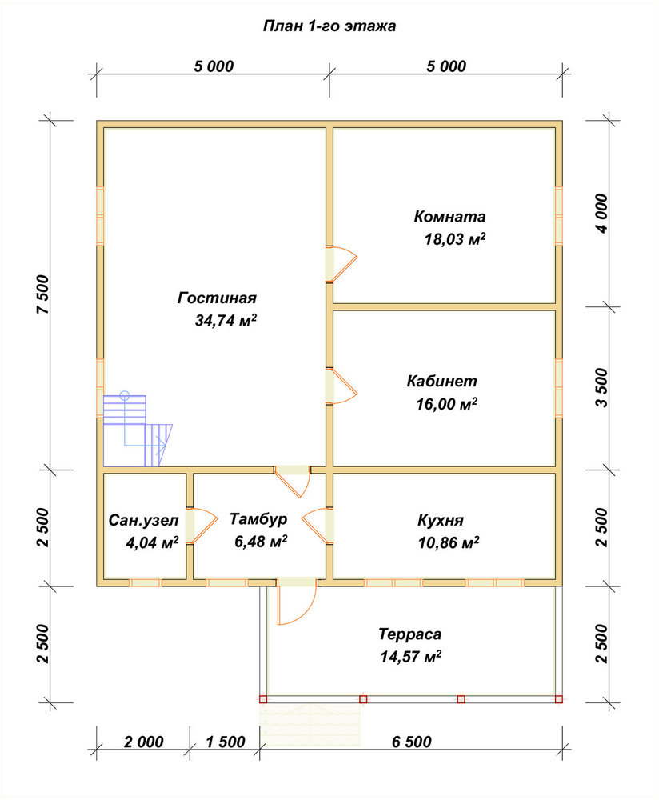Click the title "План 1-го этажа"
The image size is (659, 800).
point(329,26)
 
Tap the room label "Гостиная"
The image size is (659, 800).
point(217,298)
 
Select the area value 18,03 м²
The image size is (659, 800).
point(455,238)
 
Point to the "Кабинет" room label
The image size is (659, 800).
point(441,381)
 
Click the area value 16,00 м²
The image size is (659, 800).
point(447,404)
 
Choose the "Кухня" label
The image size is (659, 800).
point(441,521)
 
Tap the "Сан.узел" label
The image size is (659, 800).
point(144,521)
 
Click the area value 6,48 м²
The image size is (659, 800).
point(261,541)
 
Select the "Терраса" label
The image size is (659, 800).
point(410,634)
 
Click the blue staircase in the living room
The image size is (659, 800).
point(137,431)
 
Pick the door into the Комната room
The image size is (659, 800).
point(341,264)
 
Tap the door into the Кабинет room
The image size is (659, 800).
point(341,386)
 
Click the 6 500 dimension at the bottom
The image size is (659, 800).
point(412,742)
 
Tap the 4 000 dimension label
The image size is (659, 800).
point(602,214)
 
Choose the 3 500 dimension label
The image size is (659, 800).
point(602,388)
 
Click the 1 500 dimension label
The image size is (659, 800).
point(226,742)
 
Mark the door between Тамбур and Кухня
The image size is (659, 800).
point(316,526)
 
